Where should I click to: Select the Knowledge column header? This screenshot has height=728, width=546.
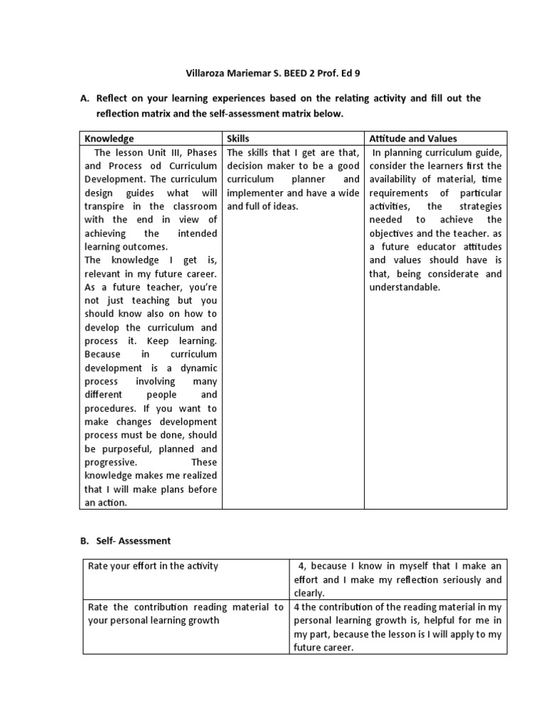coord(109,139)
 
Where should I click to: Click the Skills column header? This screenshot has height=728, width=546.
coord(238,139)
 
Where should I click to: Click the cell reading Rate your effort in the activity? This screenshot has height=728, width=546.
coord(153,566)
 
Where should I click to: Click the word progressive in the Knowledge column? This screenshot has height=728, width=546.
coord(114,462)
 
